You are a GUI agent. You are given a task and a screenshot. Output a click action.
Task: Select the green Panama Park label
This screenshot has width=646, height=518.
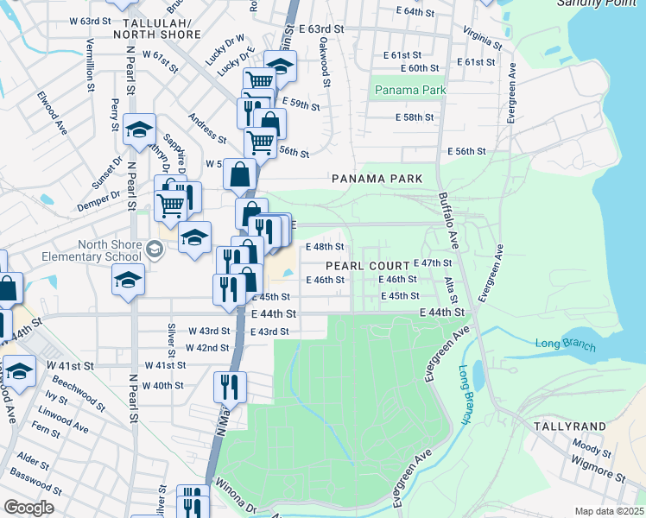409,90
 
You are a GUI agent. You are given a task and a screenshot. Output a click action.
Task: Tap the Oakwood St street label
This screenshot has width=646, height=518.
326,61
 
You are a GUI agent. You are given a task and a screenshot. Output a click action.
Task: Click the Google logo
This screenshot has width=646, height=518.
28,507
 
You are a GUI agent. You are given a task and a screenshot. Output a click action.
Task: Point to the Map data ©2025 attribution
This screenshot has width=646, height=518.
609,511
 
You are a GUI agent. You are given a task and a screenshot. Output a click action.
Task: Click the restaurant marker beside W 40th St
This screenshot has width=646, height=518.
230,386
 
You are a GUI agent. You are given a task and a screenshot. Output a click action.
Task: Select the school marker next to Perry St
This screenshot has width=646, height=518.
139,129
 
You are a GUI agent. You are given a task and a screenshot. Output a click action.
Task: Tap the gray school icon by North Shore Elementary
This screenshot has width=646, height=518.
155,250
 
